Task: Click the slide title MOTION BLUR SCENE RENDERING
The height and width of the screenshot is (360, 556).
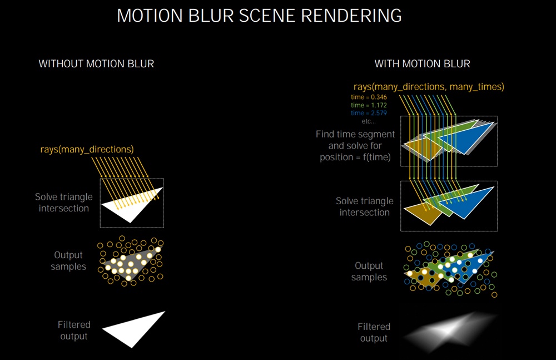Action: click(259, 16)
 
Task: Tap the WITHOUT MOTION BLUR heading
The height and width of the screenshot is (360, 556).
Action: click(96, 64)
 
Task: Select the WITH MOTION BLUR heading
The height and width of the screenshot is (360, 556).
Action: click(423, 64)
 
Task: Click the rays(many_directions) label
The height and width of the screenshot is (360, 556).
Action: click(87, 150)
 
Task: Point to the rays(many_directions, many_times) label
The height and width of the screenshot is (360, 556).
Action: click(429, 87)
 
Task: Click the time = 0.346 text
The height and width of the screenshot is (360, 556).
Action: click(369, 97)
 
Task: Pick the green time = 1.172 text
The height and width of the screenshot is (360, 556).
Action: click(369, 105)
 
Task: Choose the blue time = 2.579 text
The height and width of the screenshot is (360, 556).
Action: click(369, 113)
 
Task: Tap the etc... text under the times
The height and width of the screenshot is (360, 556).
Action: click(369, 121)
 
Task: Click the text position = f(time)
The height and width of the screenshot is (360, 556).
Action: click(355, 157)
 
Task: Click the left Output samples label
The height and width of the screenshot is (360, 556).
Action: click(68, 261)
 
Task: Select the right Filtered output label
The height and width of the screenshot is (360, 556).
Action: click(374, 333)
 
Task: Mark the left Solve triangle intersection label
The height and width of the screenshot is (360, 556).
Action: click(64, 203)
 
